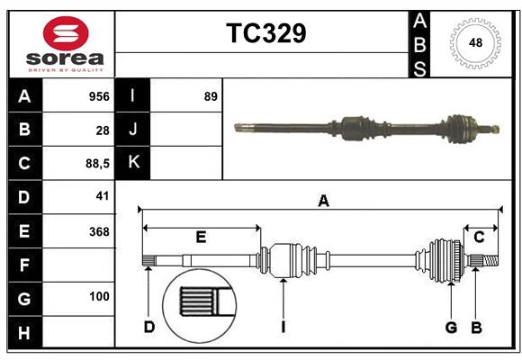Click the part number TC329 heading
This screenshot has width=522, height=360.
coord(265,33)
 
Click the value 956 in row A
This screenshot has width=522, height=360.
coord(98,96)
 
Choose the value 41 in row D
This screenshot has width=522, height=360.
coord(102,196)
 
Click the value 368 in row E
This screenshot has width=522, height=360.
coord(98,230)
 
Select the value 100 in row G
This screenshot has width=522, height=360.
coord(98,296)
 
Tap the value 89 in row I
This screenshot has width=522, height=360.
coord(211,96)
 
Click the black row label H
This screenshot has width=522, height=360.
coord(24,332)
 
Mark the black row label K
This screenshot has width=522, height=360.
coord(133,163)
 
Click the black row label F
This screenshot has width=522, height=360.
coord(24,265)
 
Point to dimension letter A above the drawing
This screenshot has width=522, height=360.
coord(323,202)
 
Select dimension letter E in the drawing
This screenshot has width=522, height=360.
coord(201,237)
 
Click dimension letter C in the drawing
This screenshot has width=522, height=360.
coord(479,237)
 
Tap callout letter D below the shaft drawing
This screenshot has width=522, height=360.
coord(148,327)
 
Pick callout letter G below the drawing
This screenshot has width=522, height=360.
coord(451,327)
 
